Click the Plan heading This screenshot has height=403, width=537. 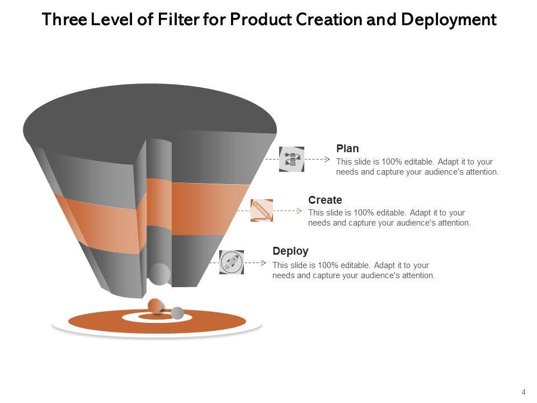pos(347,148)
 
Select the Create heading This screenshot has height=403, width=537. pos(325,200)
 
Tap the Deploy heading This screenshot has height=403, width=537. pos(290,251)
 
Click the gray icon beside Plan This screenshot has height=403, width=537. pos(291,159)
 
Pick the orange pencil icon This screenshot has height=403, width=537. pos(262,210)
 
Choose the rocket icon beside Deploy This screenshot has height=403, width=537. pos(231,262)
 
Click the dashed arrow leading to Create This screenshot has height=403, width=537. pos(289,210)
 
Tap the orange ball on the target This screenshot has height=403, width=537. pos(155,306)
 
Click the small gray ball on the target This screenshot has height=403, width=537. pos(177,313)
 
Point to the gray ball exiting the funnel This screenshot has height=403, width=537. pos(159,274)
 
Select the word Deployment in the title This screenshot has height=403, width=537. pos(449,20)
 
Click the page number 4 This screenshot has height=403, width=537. pos(524,392)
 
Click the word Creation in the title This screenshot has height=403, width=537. pos(331,20)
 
